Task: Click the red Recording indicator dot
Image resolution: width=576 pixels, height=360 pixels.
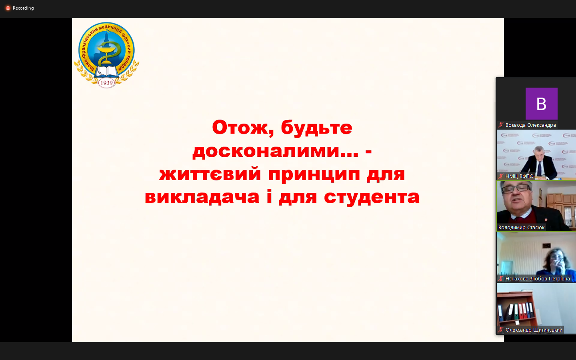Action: (8, 8)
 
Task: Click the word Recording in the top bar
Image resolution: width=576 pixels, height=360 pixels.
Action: (23, 8)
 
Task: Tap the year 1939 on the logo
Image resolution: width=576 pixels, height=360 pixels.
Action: (106, 83)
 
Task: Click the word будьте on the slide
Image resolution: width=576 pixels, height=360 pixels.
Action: (316, 128)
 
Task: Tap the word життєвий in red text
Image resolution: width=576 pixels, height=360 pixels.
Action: (210, 174)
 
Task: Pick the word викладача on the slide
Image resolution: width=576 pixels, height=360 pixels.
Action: (202, 197)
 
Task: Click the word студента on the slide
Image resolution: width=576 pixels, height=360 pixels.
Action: (372, 197)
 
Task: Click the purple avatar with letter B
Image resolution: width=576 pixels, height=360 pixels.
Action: (541, 104)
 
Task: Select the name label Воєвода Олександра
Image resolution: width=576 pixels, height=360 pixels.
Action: (530, 125)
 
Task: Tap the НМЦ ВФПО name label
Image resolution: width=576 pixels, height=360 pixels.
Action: (519, 176)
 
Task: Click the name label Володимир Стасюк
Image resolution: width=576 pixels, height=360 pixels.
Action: (521, 228)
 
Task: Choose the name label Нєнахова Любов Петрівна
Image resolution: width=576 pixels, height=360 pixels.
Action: (538, 279)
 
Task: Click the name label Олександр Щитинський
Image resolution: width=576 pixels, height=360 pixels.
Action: (534, 330)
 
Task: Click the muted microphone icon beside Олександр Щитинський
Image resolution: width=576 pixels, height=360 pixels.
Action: (500, 330)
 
